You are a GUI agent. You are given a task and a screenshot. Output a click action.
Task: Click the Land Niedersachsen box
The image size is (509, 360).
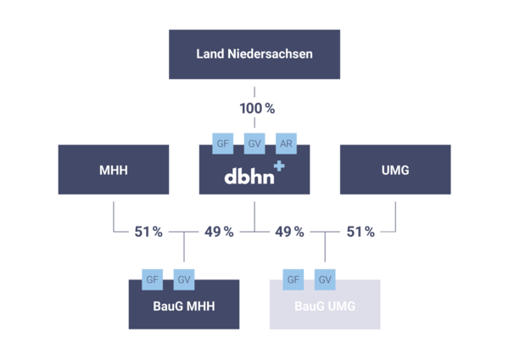[254, 54]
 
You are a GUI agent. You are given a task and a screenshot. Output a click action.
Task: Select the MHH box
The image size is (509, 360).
[113, 170]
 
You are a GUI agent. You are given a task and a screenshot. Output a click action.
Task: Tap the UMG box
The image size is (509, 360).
[395, 170]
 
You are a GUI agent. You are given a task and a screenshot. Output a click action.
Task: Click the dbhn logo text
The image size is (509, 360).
[247, 177]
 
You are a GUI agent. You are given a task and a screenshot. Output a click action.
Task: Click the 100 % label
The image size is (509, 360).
[255, 108]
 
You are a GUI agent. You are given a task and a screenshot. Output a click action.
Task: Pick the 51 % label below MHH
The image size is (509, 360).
[148, 231]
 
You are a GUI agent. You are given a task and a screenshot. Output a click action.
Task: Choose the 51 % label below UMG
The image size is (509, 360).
[360, 231]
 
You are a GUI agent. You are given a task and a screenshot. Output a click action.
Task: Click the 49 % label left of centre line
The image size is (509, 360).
[219, 231]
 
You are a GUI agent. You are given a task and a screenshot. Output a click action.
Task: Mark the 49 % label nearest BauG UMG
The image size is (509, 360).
[289, 231]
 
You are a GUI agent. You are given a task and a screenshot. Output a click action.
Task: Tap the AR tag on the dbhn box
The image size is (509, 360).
[287, 143]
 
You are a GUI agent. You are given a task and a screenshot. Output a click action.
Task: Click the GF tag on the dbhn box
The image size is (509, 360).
[222, 143]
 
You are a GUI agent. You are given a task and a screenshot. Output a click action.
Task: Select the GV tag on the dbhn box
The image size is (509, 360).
[255, 143]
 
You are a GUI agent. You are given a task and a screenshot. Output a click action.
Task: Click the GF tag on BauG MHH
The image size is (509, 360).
[153, 278]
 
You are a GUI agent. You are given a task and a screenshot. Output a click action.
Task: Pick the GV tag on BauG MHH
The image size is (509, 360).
[184, 278]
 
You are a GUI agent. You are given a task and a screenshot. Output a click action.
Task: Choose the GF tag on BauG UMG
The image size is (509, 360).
[293, 278]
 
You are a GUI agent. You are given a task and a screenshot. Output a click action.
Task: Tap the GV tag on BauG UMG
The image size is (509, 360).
[325, 278]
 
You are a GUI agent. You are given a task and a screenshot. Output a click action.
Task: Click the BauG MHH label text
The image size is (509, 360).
[183, 306]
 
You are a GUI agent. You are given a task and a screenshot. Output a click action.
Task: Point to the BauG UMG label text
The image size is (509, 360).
[325, 306]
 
